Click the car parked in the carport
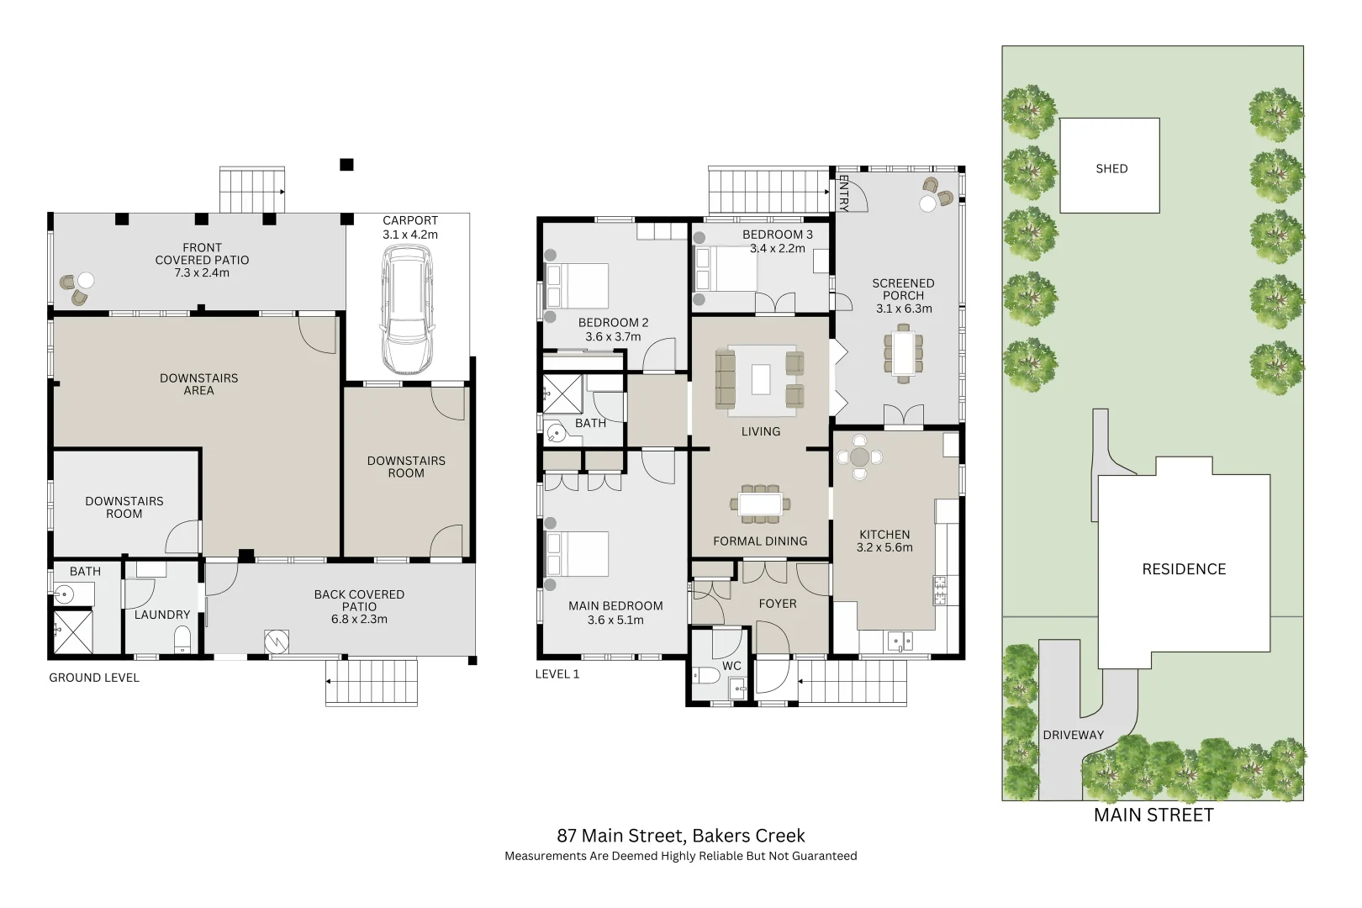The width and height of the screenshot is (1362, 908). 407,313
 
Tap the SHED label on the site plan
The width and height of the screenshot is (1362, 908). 1111,169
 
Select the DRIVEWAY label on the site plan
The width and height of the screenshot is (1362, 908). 1073,735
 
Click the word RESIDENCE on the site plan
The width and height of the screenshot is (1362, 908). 1183,569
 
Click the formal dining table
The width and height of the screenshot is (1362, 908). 760,504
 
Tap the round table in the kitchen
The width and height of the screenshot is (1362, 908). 859,457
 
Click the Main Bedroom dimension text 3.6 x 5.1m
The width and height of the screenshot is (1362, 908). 615,620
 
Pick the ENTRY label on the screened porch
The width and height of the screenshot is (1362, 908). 843,193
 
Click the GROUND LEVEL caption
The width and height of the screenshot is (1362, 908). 94,678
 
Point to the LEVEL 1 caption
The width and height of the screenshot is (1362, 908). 557,674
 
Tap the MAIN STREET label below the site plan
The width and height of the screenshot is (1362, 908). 1153,815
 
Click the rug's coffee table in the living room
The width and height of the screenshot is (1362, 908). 761,378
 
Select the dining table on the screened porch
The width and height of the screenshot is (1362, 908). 903,353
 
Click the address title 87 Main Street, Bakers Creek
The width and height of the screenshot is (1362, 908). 680,836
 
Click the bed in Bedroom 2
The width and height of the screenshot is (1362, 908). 578,286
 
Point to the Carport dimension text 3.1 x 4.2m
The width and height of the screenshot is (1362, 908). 410,235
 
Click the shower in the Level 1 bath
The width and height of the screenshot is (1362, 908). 562,393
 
